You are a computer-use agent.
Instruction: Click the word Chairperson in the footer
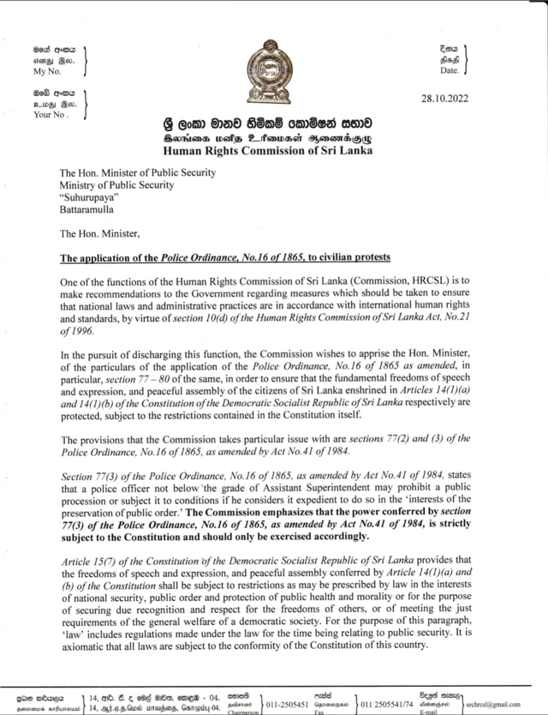242,712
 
